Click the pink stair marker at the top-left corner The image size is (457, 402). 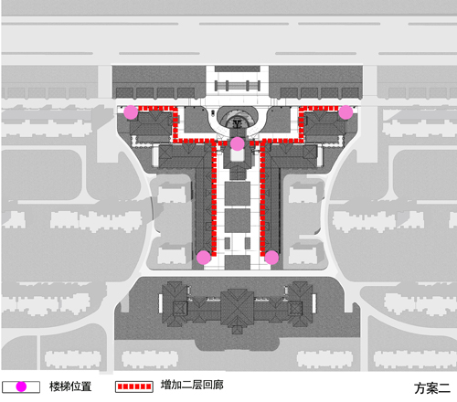(131, 112)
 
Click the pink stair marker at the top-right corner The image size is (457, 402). (345, 112)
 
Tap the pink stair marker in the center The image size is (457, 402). (238, 143)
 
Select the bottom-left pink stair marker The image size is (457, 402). (204, 258)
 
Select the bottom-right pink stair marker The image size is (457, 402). (271, 258)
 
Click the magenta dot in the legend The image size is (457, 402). (21, 386)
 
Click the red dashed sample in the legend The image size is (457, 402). (134, 386)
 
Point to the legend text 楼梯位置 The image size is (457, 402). (70, 386)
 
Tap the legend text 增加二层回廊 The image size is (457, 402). (192, 385)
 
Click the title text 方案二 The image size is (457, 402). (432, 388)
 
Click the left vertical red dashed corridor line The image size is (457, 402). (214, 199)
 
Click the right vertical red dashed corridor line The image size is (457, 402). (262, 199)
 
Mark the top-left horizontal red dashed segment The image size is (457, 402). (158, 108)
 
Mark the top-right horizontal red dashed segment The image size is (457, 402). (319, 108)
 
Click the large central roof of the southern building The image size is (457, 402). (238, 308)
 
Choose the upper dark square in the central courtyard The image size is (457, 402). (238, 193)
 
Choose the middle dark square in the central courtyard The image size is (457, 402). (238, 220)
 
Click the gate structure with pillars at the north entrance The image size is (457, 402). (238, 86)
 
